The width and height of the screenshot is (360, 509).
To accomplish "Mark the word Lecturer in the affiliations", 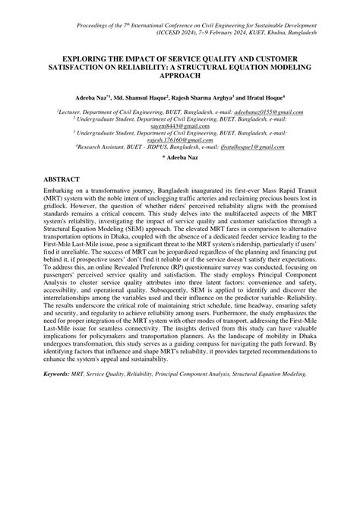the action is pyautogui.click(x=71, y=112).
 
